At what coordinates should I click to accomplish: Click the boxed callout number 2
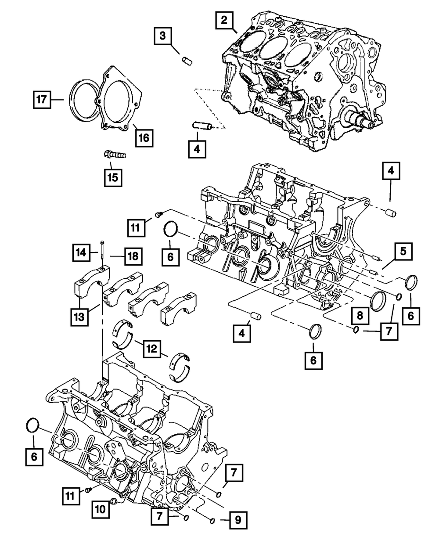(x=224, y=20)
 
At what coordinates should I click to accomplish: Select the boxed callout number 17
(x=42, y=100)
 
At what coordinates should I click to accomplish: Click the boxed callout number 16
(x=144, y=137)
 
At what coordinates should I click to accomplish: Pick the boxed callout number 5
(x=403, y=252)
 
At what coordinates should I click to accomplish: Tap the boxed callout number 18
(x=133, y=256)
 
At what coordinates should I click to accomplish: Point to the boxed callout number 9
(x=237, y=521)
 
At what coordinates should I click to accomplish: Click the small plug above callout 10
(x=113, y=501)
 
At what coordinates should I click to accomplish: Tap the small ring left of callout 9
(x=213, y=521)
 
